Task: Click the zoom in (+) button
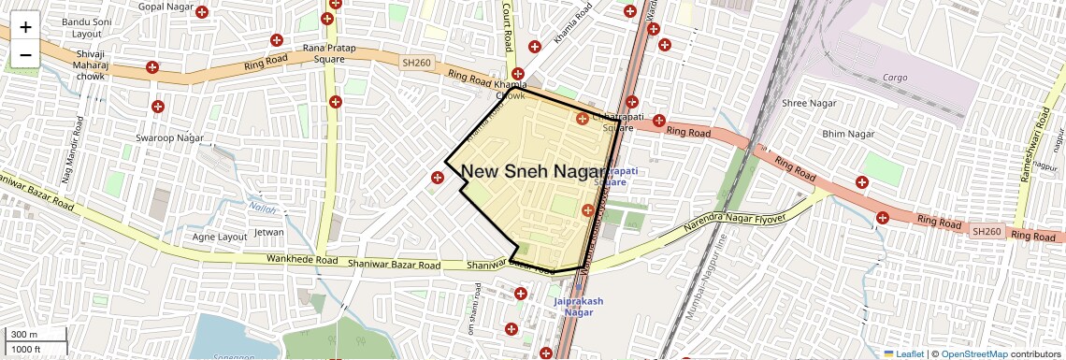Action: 25,27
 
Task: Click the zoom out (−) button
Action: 25,54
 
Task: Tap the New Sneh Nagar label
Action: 533,171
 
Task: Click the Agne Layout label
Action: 219,238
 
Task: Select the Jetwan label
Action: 268,232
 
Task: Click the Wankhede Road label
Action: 301,259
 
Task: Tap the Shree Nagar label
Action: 809,103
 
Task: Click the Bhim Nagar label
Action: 847,135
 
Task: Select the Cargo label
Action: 895,77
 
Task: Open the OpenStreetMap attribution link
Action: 973,354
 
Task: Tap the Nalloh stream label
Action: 263,208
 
